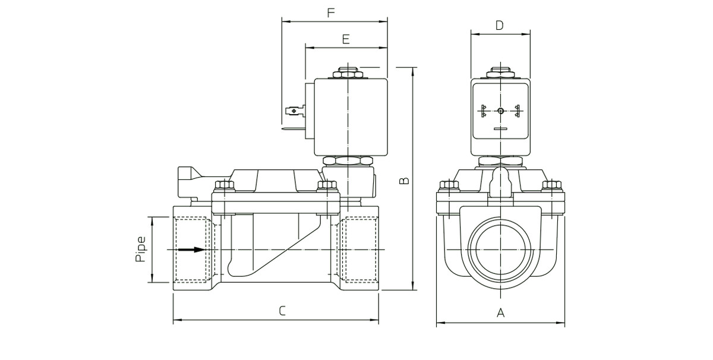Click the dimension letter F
(x=331, y=12)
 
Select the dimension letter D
(x=499, y=25)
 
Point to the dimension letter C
(x=282, y=310)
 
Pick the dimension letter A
(x=500, y=312)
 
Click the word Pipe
(x=140, y=250)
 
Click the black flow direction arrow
(x=191, y=250)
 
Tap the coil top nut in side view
(x=346, y=72)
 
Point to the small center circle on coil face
(x=500, y=110)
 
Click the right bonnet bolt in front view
(x=553, y=187)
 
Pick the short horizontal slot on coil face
(x=500, y=128)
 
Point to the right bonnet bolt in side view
(x=326, y=186)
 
